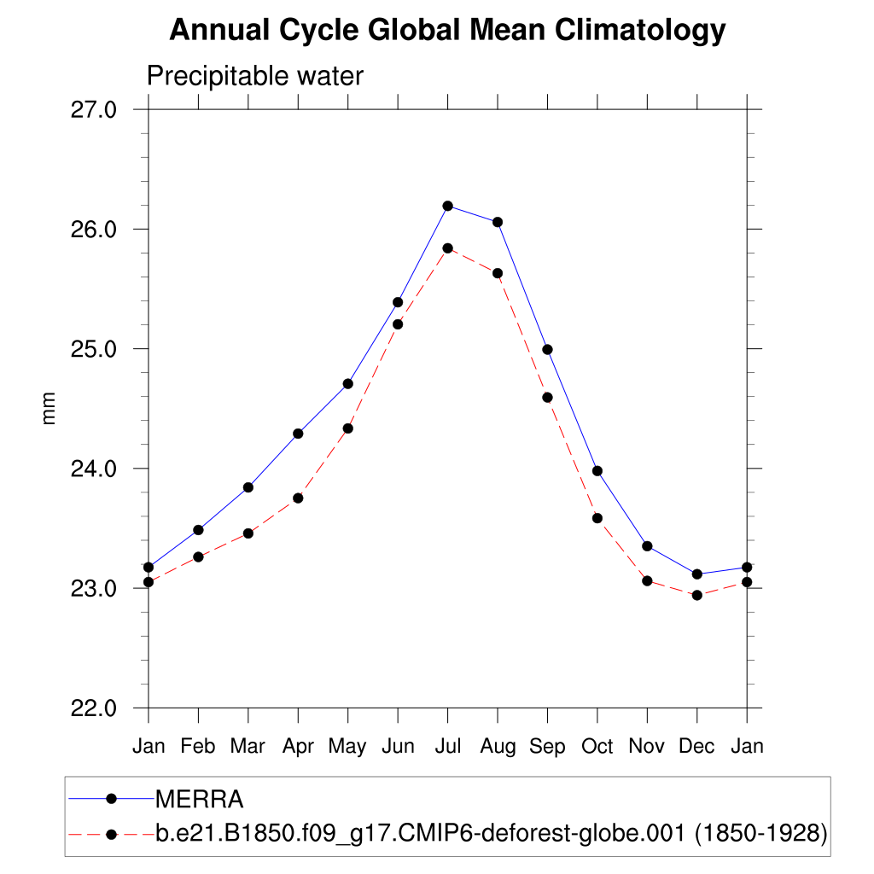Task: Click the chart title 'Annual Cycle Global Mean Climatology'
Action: coord(447,31)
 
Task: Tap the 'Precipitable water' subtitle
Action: coord(255,76)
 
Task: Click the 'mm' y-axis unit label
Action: coord(49,409)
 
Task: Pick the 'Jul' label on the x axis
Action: coord(447,747)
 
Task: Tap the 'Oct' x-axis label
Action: coord(597,747)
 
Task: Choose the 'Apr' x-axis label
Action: coord(298,747)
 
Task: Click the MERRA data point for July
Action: coord(447,206)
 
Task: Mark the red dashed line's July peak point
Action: coord(447,248)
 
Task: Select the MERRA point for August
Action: coord(498,222)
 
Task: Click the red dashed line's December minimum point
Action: coord(697,595)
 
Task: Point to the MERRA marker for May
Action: coord(347,383)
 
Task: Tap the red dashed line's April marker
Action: coord(298,498)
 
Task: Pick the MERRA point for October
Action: coord(597,471)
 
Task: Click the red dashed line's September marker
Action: coord(547,397)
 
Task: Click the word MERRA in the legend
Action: coord(199,800)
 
